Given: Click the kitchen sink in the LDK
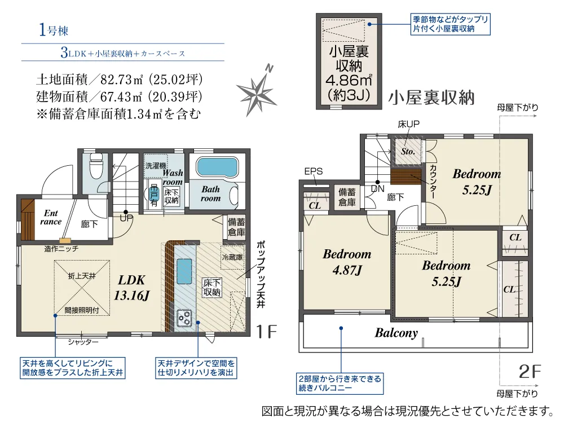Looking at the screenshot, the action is [184, 271].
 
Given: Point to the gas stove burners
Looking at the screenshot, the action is [184, 318].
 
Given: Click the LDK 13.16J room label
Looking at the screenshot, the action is [131, 288].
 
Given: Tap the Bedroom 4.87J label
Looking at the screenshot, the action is [347, 262].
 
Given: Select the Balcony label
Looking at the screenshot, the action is [396, 333].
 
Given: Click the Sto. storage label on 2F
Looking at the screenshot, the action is [408, 151].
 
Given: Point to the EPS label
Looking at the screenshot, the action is [313, 171].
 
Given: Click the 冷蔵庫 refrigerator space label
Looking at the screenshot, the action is [232, 257].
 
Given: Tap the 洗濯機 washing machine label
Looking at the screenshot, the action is [156, 165].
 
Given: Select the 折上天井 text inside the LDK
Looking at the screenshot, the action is [82, 276].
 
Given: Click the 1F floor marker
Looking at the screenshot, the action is [267, 332].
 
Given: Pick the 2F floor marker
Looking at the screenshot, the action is [530, 371].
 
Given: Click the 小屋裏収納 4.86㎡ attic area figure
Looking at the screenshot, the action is [349, 80].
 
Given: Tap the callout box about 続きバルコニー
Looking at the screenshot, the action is [340, 384].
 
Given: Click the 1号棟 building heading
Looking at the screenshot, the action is [53, 30].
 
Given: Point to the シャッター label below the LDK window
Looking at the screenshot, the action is [83, 342].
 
